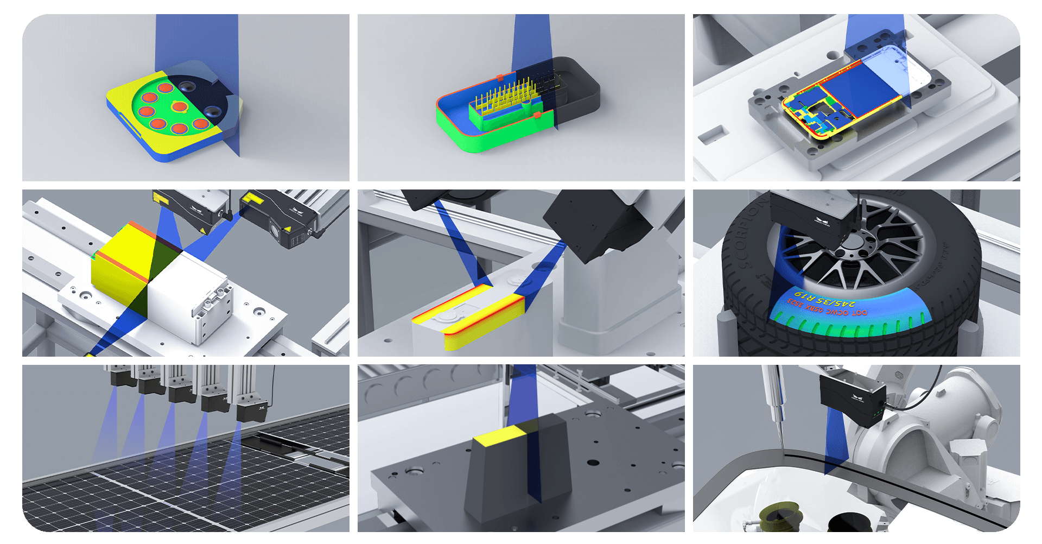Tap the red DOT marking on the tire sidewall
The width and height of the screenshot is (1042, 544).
tap(828, 312)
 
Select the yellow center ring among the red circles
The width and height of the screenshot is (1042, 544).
tap(179, 106)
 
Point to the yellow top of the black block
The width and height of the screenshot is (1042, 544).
tap(498, 437)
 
